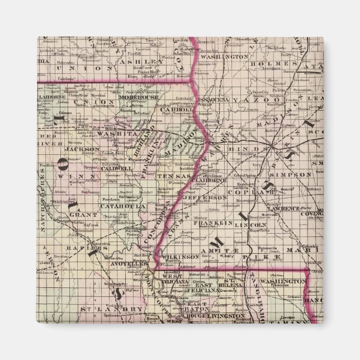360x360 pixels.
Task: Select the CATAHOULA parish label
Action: pos(116,206)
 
